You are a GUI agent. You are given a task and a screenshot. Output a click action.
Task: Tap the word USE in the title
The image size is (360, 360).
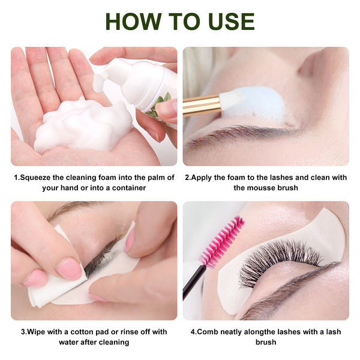click(x=232, y=22)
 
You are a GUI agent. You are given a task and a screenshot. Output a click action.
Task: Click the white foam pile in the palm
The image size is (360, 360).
click(x=83, y=126)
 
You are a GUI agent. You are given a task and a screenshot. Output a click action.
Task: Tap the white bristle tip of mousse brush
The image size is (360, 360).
click(x=230, y=100)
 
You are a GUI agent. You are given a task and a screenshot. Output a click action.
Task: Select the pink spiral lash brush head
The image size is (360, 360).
click(x=222, y=242)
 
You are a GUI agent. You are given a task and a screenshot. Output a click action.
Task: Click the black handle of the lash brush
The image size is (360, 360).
click(x=193, y=283)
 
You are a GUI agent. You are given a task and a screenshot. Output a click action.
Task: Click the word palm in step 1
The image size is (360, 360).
click(x=152, y=178)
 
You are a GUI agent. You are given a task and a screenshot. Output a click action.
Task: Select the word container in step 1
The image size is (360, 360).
click(x=129, y=188)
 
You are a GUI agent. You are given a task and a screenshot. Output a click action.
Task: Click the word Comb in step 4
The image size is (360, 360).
click(x=208, y=332)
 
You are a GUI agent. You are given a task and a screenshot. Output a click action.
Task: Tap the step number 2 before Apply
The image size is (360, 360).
click(x=187, y=178)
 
